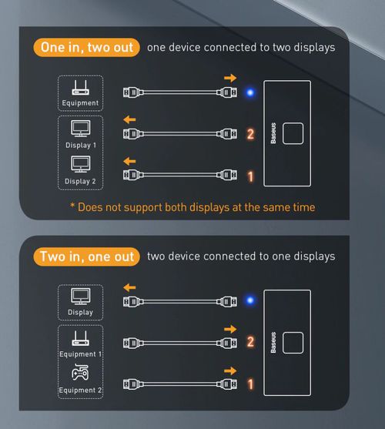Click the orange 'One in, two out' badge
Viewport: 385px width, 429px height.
coord(86,47)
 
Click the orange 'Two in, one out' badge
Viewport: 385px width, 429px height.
coord(86,256)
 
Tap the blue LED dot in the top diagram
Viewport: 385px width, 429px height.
coord(250,92)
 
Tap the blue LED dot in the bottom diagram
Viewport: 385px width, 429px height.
coord(250,300)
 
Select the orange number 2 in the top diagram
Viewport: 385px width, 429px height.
coord(250,134)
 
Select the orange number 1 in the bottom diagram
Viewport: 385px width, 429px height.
coord(250,384)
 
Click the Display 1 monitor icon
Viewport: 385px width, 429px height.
coord(81,129)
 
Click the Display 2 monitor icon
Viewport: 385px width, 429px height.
coord(81,164)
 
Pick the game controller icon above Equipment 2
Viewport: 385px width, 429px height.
coord(80,372)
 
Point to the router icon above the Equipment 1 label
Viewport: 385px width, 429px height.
coord(80,338)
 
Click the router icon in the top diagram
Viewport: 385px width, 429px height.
coord(80,88)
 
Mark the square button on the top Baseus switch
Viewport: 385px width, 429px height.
coord(293,133)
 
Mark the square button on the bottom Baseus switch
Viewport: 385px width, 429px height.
coord(293,343)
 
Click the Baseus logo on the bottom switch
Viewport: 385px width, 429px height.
coord(273,343)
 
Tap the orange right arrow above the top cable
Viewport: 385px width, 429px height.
coord(230,79)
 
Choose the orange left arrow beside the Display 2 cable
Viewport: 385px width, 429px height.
coord(129,161)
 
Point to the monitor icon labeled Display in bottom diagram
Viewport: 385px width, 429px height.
coord(81,297)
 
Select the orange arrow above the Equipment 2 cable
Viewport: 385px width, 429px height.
coord(230,371)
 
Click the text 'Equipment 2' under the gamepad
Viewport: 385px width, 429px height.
coord(80,390)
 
